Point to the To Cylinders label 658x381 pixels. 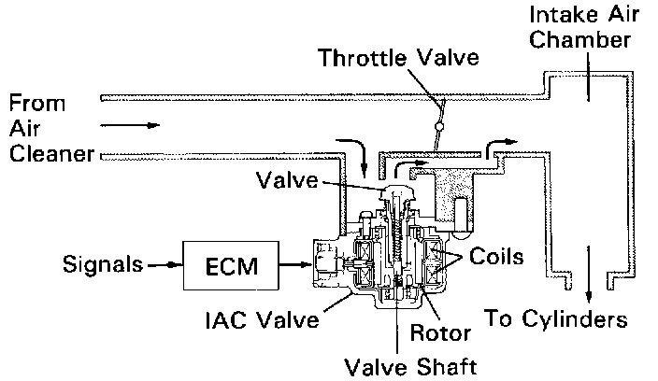(x=555, y=319)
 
